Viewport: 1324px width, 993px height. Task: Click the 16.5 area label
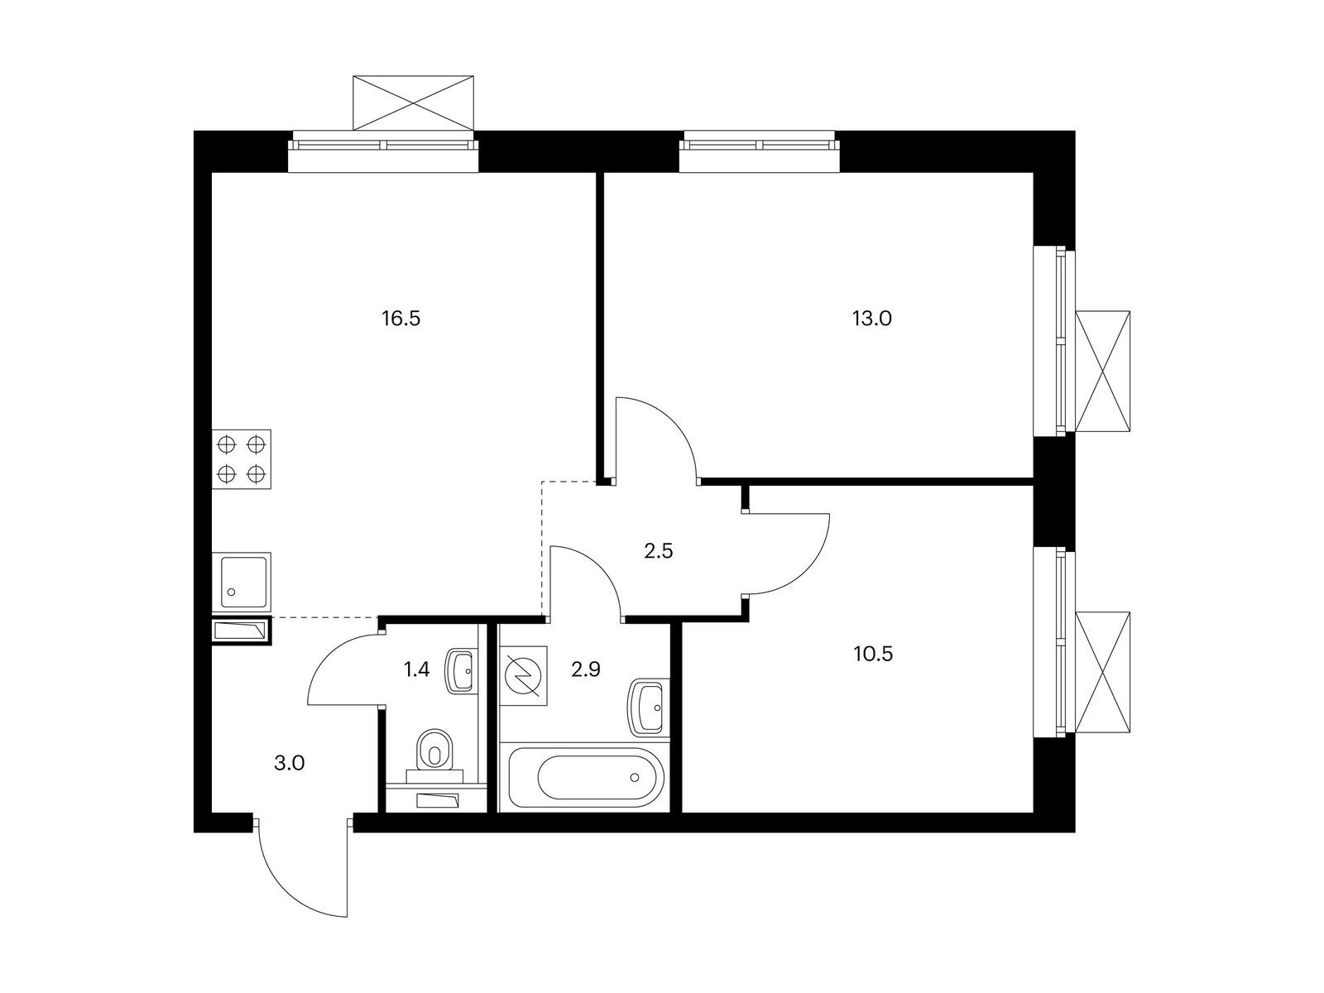click(x=401, y=319)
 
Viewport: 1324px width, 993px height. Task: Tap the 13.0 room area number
click(x=871, y=319)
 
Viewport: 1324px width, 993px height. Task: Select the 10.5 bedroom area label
click(x=873, y=654)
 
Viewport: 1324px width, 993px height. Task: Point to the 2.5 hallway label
click(x=658, y=551)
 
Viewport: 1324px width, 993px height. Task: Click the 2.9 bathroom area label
click(x=586, y=669)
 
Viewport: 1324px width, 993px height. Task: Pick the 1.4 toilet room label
click(x=416, y=669)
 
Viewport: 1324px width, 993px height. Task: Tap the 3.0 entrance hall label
click(x=289, y=764)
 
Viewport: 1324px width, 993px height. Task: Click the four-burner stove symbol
click(x=242, y=459)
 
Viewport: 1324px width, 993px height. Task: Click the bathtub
click(x=584, y=777)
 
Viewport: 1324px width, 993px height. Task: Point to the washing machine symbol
click(x=524, y=675)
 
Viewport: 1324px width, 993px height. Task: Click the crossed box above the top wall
click(x=413, y=103)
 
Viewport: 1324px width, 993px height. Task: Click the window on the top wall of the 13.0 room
click(x=759, y=146)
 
